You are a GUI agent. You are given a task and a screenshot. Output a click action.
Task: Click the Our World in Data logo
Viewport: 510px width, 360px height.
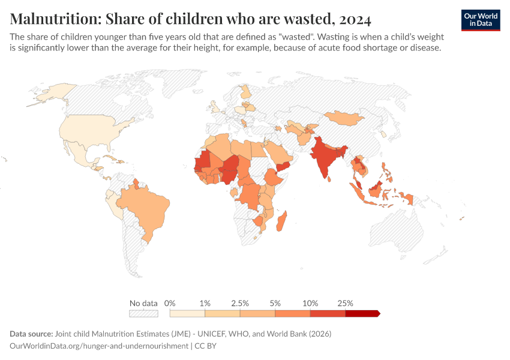(480, 20)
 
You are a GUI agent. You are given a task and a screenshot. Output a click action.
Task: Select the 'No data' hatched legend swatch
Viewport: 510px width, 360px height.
(143, 313)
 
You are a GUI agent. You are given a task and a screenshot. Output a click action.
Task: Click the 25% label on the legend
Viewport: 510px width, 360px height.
(346, 303)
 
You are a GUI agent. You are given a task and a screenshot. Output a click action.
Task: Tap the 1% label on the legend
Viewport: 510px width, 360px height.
(205, 303)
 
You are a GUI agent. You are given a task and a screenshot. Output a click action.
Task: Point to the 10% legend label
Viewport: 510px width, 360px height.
(310, 303)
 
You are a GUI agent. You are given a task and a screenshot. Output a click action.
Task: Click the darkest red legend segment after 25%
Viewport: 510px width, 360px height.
(362, 313)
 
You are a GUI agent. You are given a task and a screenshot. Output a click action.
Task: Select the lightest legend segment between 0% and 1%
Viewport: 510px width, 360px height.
(187, 313)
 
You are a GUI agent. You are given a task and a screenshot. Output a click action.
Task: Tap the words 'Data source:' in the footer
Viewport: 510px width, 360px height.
(31, 334)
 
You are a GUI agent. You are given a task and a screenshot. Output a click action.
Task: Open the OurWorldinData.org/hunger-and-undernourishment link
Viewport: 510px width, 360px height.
(99, 346)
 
